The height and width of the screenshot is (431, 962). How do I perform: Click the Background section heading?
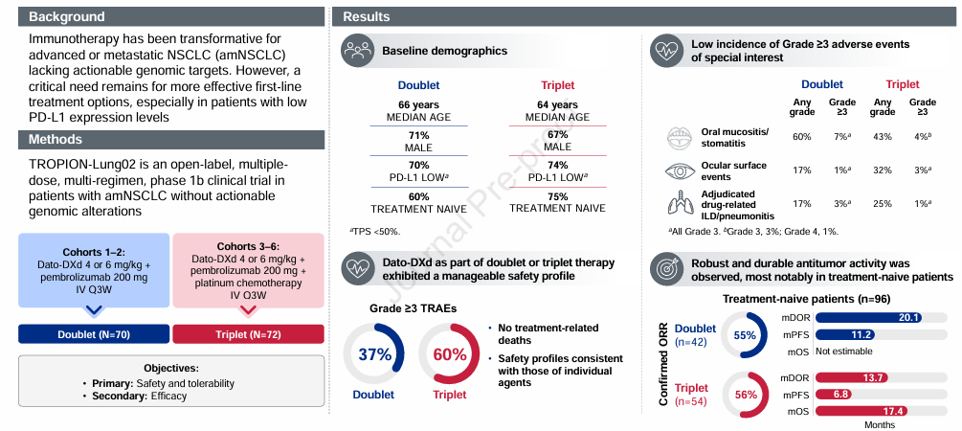(67, 17)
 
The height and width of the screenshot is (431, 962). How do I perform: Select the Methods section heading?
(56, 140)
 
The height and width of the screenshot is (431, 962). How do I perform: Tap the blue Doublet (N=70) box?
(94, 334)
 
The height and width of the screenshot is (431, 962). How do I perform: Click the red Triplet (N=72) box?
(249, 334)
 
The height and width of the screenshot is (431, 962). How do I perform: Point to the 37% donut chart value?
(375, 354)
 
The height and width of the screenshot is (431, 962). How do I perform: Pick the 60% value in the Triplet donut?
(450, 354)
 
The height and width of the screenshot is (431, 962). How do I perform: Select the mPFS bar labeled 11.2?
(845, 334)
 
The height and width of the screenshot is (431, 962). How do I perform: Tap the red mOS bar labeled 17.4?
(861, 411)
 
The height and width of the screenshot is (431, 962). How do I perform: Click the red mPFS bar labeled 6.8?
(833, 395)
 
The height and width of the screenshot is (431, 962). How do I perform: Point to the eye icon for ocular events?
(680, 171)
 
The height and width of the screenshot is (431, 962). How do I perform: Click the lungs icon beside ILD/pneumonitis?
(680, 203)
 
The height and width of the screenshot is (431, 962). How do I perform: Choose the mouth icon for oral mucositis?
(680, 138)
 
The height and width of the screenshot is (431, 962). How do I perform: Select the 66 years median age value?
(418, 105)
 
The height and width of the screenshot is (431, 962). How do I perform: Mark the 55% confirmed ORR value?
(745, 335)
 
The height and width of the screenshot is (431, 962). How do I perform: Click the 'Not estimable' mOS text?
(844, 352)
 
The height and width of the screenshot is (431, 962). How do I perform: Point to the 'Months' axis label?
(879, 425)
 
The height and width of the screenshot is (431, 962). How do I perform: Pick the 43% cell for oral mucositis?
(883, 137)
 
